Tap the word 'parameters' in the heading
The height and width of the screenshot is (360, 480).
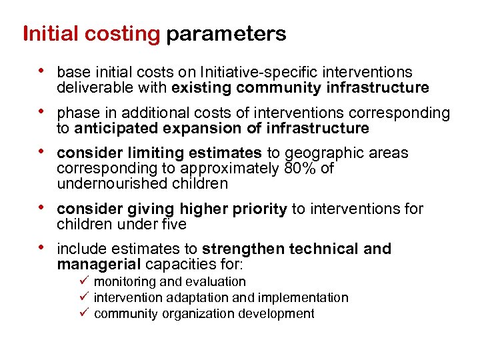[226, 34]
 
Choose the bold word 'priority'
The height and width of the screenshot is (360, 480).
[259, 209]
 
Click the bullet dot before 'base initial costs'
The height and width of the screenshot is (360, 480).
[43, 70]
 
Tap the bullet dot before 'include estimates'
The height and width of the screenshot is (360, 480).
[43, 247]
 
